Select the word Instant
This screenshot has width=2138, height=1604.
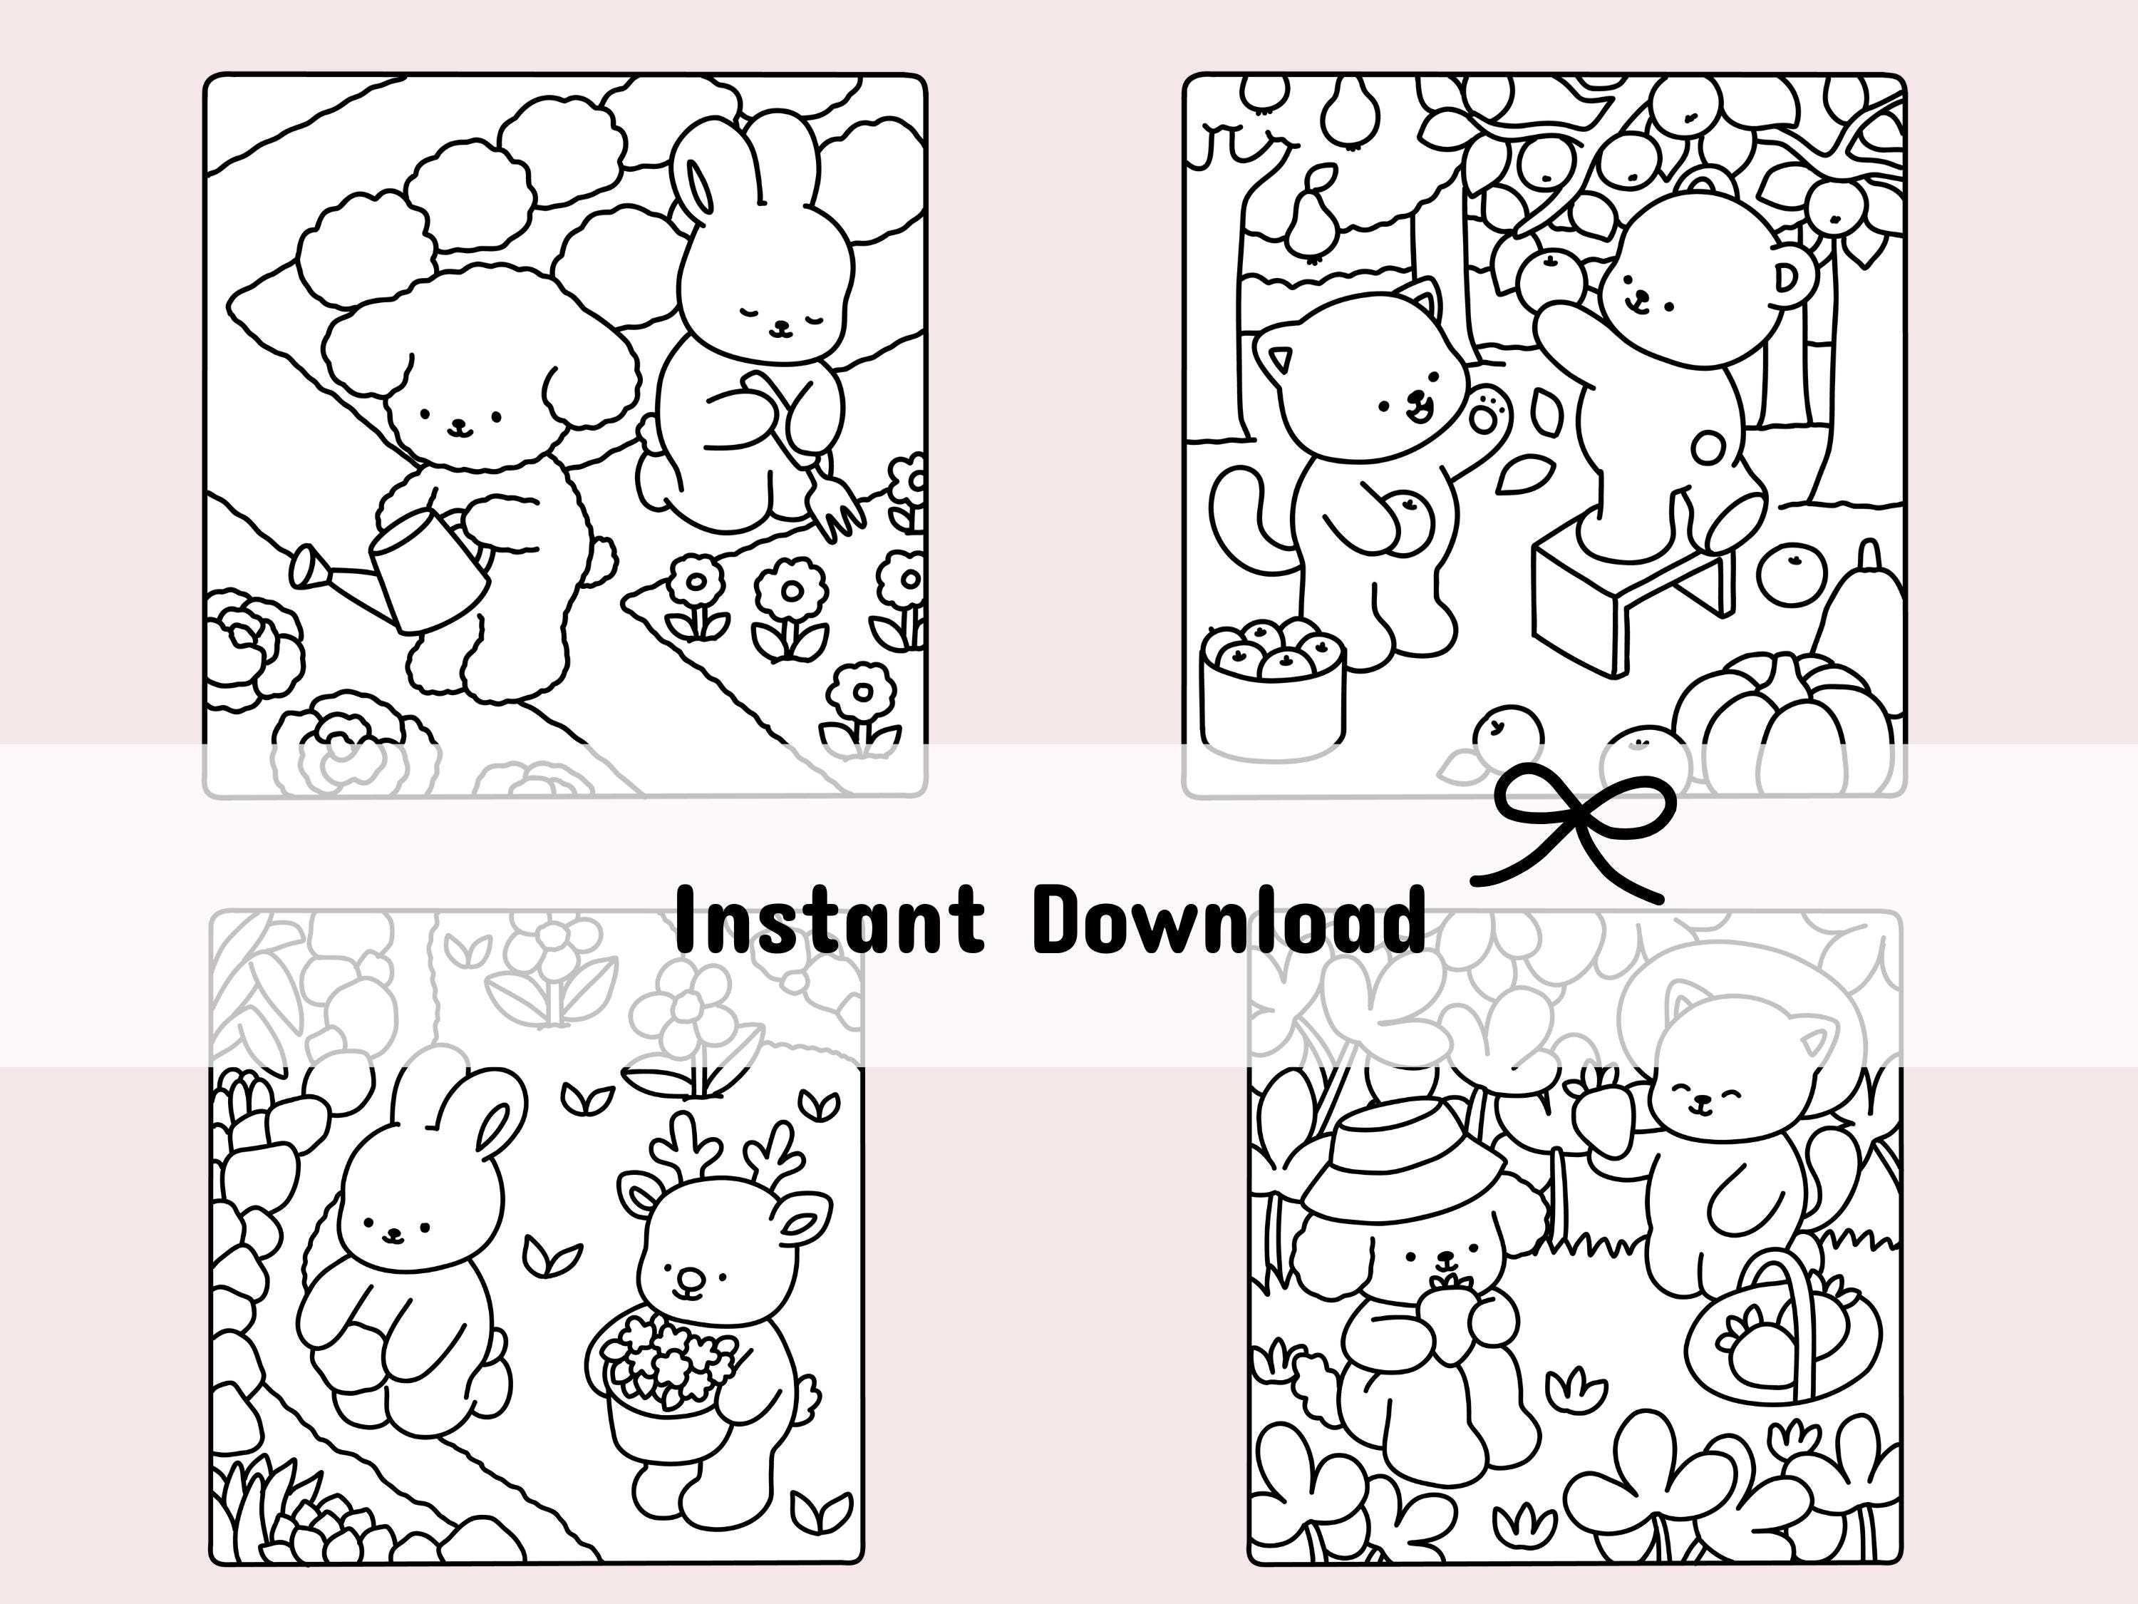pyautogui.click(x=830, y=918)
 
